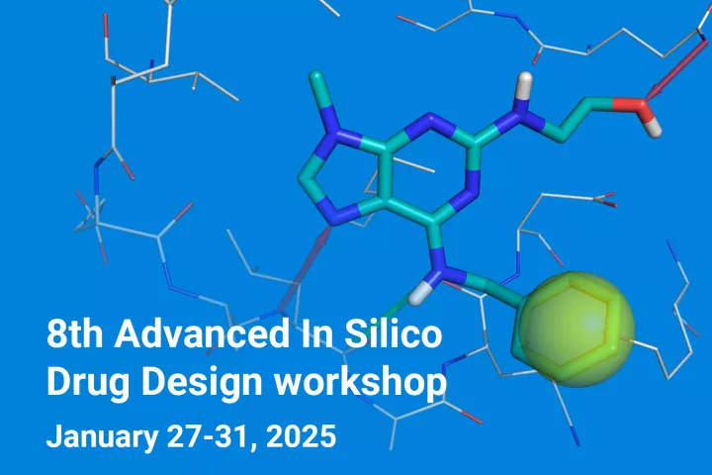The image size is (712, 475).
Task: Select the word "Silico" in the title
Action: point(393,333)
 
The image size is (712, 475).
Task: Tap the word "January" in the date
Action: point(102,436)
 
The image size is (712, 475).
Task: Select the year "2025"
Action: point(301,436)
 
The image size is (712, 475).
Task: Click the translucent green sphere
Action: point(577,330)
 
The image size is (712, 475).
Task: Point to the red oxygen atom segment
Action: point(630,105)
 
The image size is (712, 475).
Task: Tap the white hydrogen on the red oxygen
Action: point(653,128)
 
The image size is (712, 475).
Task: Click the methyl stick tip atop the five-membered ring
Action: point(315,77)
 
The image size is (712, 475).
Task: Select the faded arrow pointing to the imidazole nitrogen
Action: point(306,269)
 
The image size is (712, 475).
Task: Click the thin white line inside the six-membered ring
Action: point(412,164)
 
